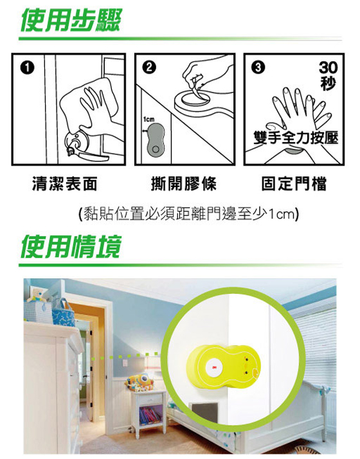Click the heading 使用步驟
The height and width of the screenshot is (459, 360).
71,20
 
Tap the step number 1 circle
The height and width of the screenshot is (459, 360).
27,68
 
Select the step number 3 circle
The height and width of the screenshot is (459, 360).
258,67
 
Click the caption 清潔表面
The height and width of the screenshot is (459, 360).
64,184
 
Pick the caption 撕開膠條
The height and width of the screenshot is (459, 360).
184,184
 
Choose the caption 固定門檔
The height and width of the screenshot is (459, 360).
294,184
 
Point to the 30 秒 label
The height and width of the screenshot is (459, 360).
328,76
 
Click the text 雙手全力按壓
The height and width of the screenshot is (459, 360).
296,138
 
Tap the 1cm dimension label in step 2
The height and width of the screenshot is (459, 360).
148,120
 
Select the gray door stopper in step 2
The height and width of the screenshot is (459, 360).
156,139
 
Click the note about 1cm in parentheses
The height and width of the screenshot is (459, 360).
189,214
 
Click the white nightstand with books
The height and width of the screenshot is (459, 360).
148,410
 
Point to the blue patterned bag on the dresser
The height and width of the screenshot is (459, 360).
62,312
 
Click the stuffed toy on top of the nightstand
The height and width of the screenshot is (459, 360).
139,382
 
